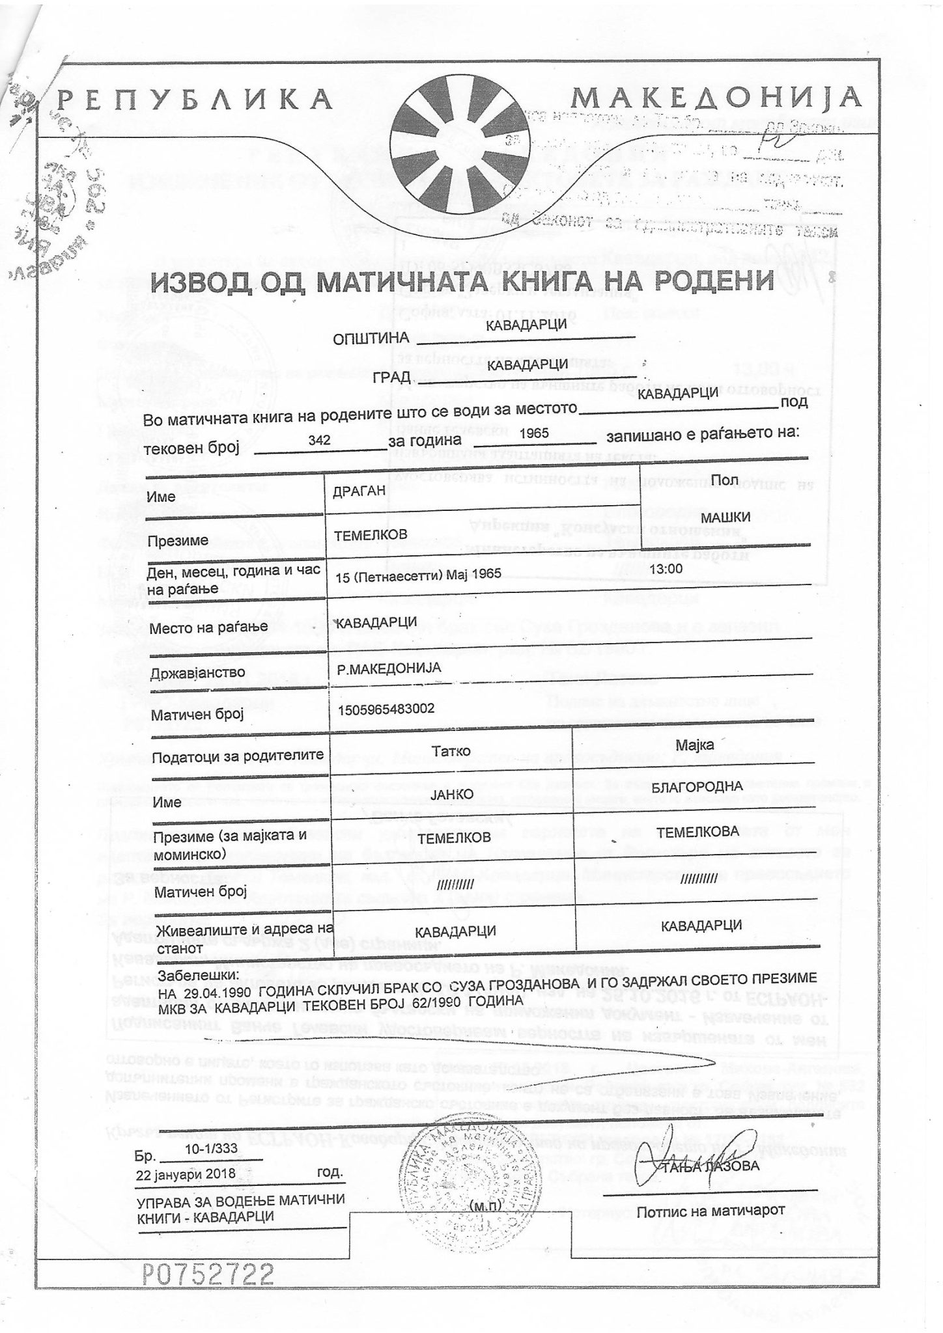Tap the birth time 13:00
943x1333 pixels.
click(666, 568)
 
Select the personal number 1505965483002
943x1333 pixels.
click(386, 709)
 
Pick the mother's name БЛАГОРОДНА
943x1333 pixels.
click(697, 786)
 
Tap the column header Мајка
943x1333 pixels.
click(695, 745)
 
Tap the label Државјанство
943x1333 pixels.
click(188, 672)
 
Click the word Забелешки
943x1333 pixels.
click(199, 976)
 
